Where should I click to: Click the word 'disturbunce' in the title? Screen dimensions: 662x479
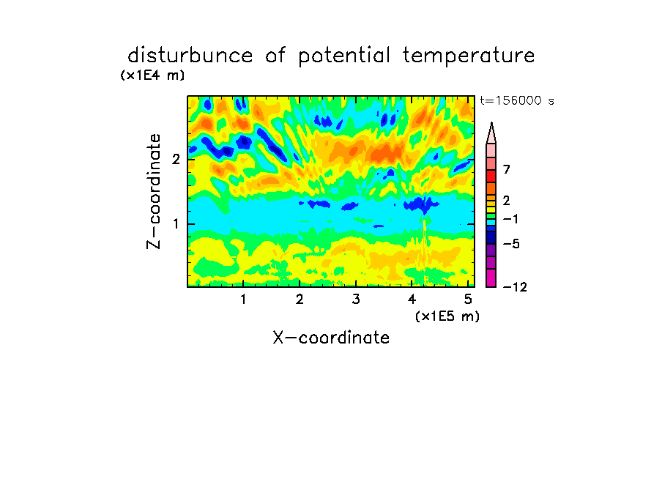pyautogui.click(x=190, y=55)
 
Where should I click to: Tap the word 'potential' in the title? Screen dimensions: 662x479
pyautogui.click(x=344, y=56)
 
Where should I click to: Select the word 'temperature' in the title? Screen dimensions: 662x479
pyautogui.click(x=468, y=56)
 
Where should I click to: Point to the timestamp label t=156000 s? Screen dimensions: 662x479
pyautogui.click(x=517, y=100)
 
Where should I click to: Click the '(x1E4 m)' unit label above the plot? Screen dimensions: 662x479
pyautogui.click(x=152, y=75)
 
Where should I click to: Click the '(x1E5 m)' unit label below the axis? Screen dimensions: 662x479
pyautogui.click(x=447, y=316)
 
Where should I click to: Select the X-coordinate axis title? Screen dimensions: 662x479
pyautogui.click(x=331, y=338)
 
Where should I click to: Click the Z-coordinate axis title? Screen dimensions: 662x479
pyautogui.click(x=154, y=191)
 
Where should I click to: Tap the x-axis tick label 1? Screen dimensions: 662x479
pyautogui.click(x=243, y=300)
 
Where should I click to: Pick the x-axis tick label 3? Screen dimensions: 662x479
pyautogui.click(x=356, y=300)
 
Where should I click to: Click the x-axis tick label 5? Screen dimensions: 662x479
pyautogui.click(x=468, y=300)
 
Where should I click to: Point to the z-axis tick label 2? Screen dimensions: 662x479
pyautogui.click(x=176, y=159)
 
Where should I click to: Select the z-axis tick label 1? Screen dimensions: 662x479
pyautogui.click(x=176, y=224)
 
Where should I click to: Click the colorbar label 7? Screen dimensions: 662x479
pyautogui.click(x=507, y=169)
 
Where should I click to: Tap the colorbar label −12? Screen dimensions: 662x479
pyautogui.click(x=515, y=287)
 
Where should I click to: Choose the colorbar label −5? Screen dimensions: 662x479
pyautogui.click(x=511, y=244)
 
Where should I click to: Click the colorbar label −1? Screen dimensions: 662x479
pyautogui.click(x=510, y=219)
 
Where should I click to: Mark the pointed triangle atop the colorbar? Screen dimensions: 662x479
pyautogui.click(x=491, y=133)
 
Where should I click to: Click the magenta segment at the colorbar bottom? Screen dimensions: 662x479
pyautogui.click(x=491, y=278)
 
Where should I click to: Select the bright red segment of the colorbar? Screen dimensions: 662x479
pyautogui.click(x=491, y=176)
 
